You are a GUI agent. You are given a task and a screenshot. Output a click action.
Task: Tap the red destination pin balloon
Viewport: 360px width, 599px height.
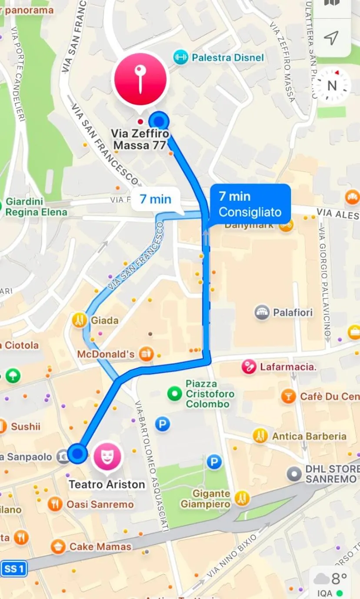[140, 79]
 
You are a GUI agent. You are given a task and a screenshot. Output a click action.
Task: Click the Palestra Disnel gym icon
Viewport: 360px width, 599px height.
[180, 57]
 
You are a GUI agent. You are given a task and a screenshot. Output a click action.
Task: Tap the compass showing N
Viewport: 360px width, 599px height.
[332, 86]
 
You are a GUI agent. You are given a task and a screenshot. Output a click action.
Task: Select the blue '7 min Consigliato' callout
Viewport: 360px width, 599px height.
[250, 204]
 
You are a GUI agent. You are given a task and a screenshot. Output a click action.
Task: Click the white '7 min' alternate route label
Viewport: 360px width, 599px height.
[155, 200]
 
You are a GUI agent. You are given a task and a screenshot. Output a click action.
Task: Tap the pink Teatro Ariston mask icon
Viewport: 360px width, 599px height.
[107, 456]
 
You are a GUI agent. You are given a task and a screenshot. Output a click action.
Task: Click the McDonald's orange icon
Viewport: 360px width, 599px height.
[147, 354]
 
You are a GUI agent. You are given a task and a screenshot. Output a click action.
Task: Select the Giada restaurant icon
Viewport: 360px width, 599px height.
[79, 320]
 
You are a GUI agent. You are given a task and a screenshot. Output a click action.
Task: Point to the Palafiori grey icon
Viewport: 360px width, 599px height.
[262, 313]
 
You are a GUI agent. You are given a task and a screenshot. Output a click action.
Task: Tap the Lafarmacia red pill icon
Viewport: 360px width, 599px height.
[249, 367]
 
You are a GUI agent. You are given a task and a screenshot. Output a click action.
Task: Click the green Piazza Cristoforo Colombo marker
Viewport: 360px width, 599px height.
[175, 394]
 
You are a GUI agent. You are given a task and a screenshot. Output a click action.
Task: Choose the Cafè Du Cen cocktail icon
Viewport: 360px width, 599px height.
[288, 396]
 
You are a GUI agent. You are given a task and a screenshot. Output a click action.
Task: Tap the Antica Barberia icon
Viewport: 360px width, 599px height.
[260, 436]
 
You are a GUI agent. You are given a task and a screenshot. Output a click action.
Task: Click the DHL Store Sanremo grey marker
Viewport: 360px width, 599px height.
[295, 474]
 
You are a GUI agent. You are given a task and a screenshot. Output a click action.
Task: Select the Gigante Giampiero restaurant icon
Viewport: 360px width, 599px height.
[242, 498]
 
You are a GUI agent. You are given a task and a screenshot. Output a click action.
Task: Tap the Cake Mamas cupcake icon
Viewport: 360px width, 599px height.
[58, 546]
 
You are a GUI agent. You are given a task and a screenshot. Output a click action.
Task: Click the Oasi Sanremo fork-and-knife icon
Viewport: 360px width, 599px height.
[55, 504]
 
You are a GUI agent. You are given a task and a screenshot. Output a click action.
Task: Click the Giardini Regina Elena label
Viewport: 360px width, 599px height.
[37, 207]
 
